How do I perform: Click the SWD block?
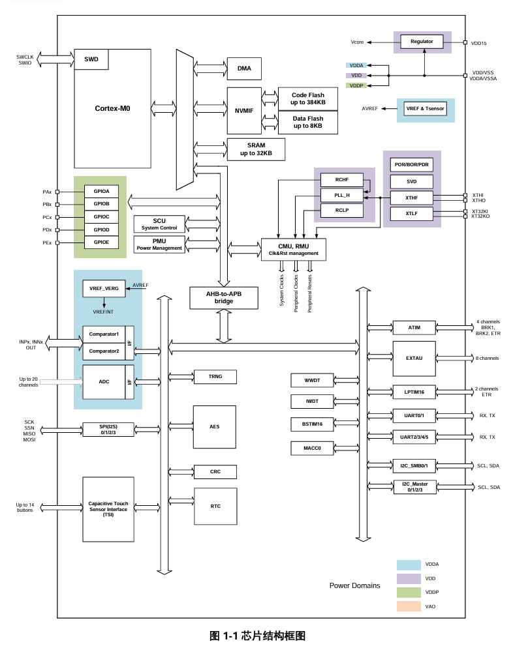point(91,59)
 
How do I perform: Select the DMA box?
point(244,68)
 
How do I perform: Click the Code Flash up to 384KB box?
point(308,99)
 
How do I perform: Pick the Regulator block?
point(422,42)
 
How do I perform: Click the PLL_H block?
point(343,195)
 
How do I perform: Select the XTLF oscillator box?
point(411,213)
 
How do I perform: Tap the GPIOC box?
point(101,216)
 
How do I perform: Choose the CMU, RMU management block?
point(293,250)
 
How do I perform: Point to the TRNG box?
point(215,377)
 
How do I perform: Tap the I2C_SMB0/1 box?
point(414,465)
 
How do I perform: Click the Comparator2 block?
point(104,351)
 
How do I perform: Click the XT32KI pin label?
point(479,211)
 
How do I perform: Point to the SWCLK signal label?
point(25,57)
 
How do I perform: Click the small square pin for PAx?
point(58,192)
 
